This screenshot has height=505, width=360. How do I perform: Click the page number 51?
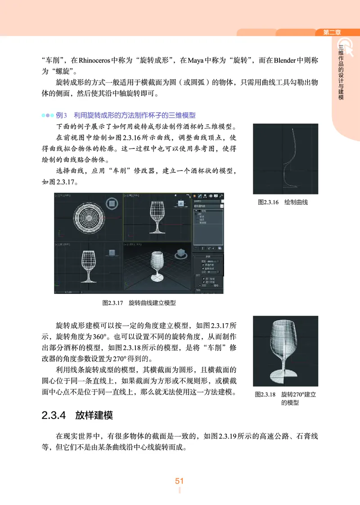click(180, 481)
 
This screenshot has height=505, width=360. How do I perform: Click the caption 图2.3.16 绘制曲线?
click(283, 202)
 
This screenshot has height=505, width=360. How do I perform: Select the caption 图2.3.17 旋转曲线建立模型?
click(139, 303)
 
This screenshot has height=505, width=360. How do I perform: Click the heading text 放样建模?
click(94, 415)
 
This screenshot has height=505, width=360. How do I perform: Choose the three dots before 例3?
click(47, 115)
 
